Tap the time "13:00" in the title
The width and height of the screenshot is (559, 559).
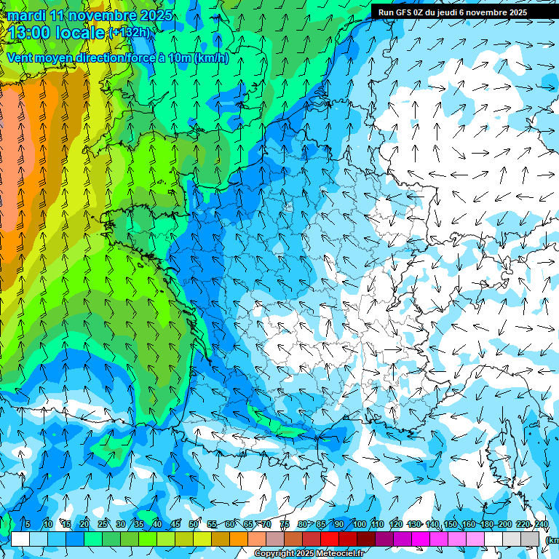[33, 33]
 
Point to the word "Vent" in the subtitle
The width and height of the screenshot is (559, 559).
[20, 58]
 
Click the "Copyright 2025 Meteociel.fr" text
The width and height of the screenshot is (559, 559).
[309, 554]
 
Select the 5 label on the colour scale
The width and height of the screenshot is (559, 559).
[28, 525]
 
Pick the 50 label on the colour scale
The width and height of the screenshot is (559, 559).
[194, 525]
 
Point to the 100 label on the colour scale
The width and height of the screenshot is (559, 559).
[359, 525]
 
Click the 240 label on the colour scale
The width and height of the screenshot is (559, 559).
[541, 525]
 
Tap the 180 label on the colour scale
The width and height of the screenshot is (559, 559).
[486, 525]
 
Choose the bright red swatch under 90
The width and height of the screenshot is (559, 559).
[330, 539]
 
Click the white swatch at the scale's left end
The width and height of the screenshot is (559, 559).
[20, 539]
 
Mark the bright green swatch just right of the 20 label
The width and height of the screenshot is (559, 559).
[93, 539]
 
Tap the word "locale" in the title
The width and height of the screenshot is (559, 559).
[81, 33]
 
